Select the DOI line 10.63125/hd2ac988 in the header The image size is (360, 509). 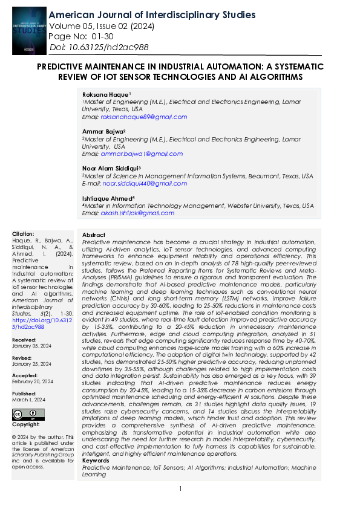(99, 47)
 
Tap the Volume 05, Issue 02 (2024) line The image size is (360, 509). (101, 26)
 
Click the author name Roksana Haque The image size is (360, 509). (105, 94)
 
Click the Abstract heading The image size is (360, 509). (94, 234)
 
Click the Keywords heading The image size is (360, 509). (96, 461)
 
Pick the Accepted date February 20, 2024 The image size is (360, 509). (32, 381)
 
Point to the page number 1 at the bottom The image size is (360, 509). (180, 488)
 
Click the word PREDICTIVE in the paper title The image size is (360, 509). (63, 66)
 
